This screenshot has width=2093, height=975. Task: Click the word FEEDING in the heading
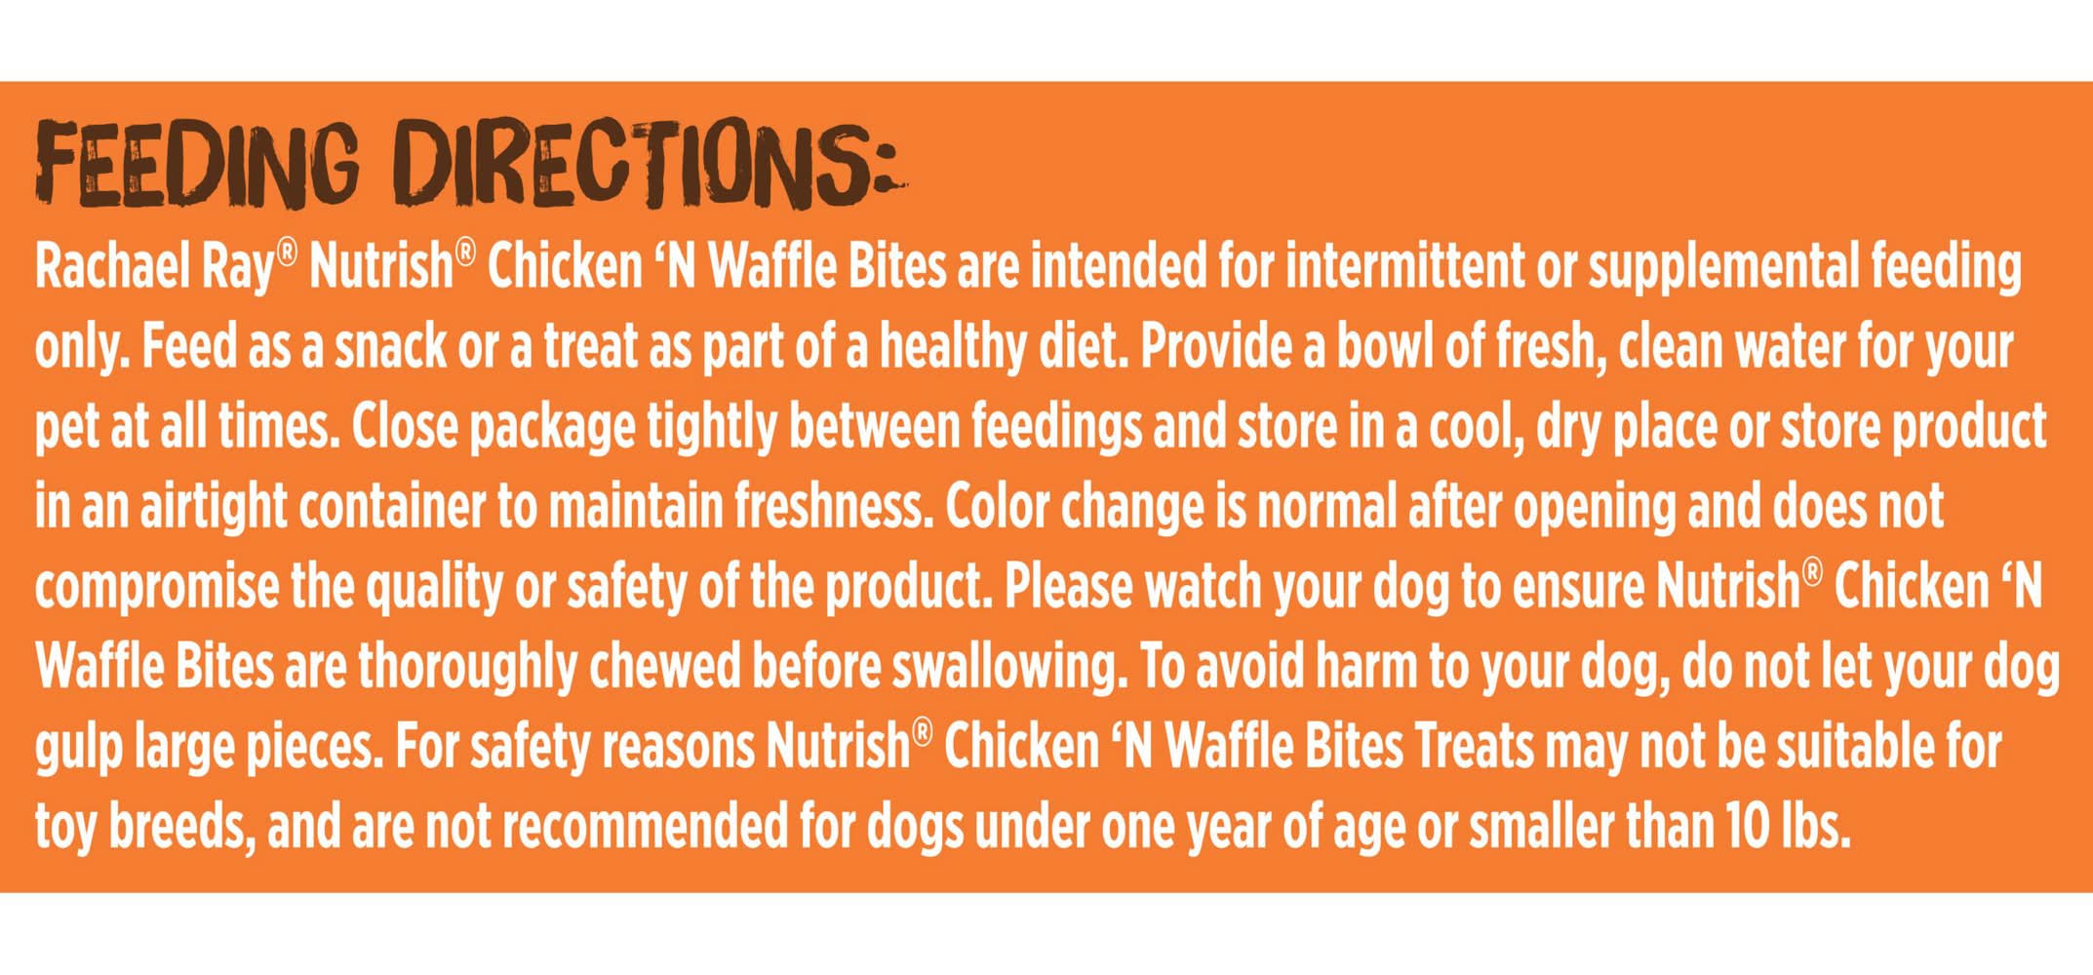(197, 163)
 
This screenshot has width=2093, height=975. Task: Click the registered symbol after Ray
(286, 253)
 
